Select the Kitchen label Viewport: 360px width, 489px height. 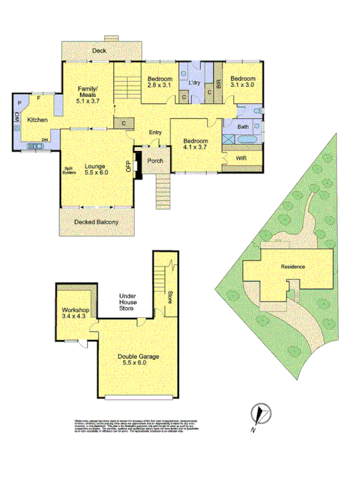tap(37, 120)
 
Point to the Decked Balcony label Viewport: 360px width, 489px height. tap(96, 222)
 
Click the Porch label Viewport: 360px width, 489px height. tap(155, 160)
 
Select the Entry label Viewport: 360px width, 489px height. tap(155, 133)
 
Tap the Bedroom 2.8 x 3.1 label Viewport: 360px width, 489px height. tap(160, 81)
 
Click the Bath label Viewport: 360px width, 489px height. tap(243, 127)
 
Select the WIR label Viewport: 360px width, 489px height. tap(241, 158)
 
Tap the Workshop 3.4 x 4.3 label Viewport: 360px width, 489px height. tap(74, 314)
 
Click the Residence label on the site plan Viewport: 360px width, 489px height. tap(292, 267)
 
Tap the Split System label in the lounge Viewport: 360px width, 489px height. tap(69, 170)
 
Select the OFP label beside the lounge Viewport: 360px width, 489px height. tap(129, 167)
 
